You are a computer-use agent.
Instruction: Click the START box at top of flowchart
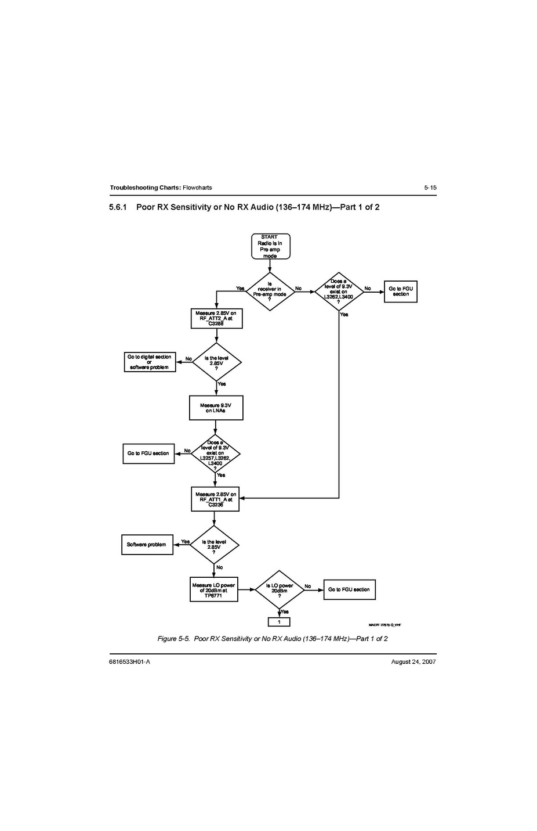(x=270, y=246)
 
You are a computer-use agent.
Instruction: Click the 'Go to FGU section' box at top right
(x=400, y=292)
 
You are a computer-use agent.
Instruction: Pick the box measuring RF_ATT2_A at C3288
(x=216, y=319)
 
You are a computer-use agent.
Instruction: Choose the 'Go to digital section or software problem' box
(x=150, y=362)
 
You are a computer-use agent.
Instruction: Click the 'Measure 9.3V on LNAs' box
(x=216, y=408)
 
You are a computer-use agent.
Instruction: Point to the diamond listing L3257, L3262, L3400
(x=215, y=454)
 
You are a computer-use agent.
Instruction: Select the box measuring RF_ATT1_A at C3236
(x=215, y=499)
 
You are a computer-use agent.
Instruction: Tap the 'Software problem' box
(x=147, y=545)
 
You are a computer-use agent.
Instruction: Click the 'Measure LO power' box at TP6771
(x=214, y=589)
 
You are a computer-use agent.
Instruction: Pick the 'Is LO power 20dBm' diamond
(x=280, y=590)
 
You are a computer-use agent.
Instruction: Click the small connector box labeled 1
(x=279, y=622)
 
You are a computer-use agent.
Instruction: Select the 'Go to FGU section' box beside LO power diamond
(x=349, y=589)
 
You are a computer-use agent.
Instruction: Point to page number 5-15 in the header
(x=430, y=188)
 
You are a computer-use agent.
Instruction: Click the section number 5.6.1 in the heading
(x=118, y=207)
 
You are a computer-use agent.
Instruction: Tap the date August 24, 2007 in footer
(x=413, y=662)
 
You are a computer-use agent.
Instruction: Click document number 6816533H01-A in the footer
(x=129, y=662)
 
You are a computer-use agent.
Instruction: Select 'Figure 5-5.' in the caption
(x=173, y=639)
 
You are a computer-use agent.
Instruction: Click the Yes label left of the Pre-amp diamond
(x=240, y=289)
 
